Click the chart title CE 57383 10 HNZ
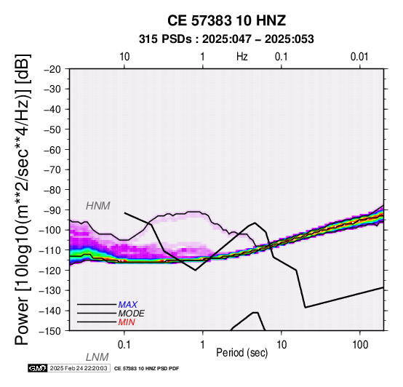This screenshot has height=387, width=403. (226, 20)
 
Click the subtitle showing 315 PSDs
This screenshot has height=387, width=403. (226, 39)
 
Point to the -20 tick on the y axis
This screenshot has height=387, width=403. (52, 69)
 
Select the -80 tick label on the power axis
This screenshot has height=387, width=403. (52, 190)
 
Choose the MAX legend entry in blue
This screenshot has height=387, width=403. (128, 305)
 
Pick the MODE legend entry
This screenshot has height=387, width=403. (132, 314)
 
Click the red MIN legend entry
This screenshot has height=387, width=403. (127, 322)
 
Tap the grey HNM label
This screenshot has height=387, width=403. (98, 206)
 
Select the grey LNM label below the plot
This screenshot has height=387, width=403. (97, 357)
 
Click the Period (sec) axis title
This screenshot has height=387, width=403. (242, 353)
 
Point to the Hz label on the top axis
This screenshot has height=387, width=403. (242, 57)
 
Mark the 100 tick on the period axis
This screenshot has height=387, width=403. (360, 345)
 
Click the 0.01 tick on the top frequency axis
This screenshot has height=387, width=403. (359, 57)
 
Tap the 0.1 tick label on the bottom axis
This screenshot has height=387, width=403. (124, 345)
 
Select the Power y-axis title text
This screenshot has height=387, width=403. (23, 199)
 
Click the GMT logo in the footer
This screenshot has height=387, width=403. (38, 368)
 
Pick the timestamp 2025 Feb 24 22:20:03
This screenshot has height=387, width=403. (79, 368)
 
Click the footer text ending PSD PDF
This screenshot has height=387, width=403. (146, 369)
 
